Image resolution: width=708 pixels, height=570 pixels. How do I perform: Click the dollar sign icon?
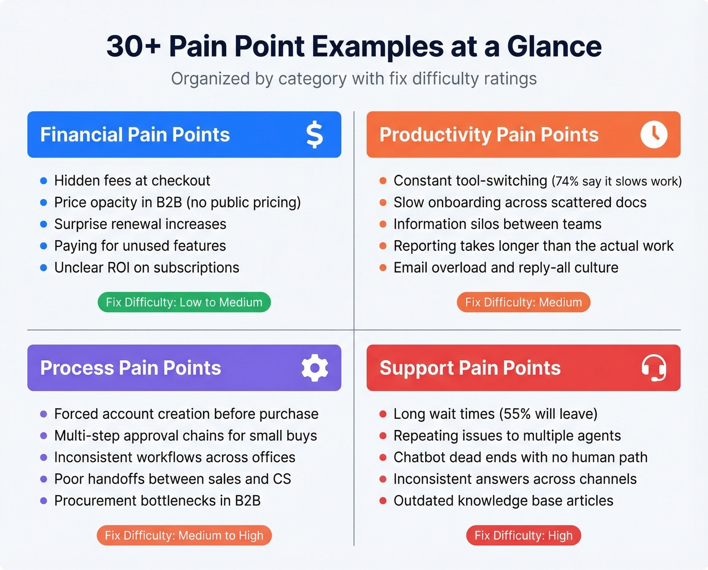315,135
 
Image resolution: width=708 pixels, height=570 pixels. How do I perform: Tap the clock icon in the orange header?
654,135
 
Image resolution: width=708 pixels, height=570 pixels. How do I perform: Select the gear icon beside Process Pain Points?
315,368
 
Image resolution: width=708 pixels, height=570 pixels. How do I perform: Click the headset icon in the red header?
654,368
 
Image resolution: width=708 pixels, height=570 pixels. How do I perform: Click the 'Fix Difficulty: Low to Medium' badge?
184,302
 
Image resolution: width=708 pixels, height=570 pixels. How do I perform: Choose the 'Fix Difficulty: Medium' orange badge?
523,302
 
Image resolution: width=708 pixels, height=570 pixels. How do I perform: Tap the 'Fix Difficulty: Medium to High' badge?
184,535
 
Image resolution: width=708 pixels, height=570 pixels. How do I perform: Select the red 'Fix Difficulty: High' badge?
523,535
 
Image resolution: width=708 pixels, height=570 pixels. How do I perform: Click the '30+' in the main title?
134,47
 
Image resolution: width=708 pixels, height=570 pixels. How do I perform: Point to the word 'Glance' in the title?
554,47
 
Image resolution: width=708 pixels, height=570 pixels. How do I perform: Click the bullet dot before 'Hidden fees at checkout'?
43,181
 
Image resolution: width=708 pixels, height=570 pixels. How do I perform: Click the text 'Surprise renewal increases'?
140,224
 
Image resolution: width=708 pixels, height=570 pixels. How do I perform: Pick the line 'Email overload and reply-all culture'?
506,268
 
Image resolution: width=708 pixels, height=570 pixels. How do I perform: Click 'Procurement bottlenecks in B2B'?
157,501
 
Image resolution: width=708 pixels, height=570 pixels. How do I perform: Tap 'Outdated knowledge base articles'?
503,501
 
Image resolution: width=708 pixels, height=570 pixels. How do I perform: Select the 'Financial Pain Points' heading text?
135,135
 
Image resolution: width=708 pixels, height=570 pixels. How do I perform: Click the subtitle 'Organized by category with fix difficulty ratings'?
354,79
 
